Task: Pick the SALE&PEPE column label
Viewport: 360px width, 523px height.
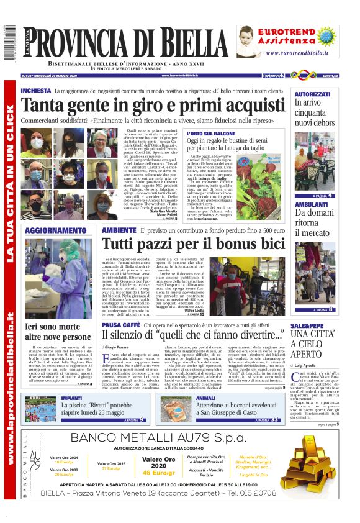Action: [x=307, y=325]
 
